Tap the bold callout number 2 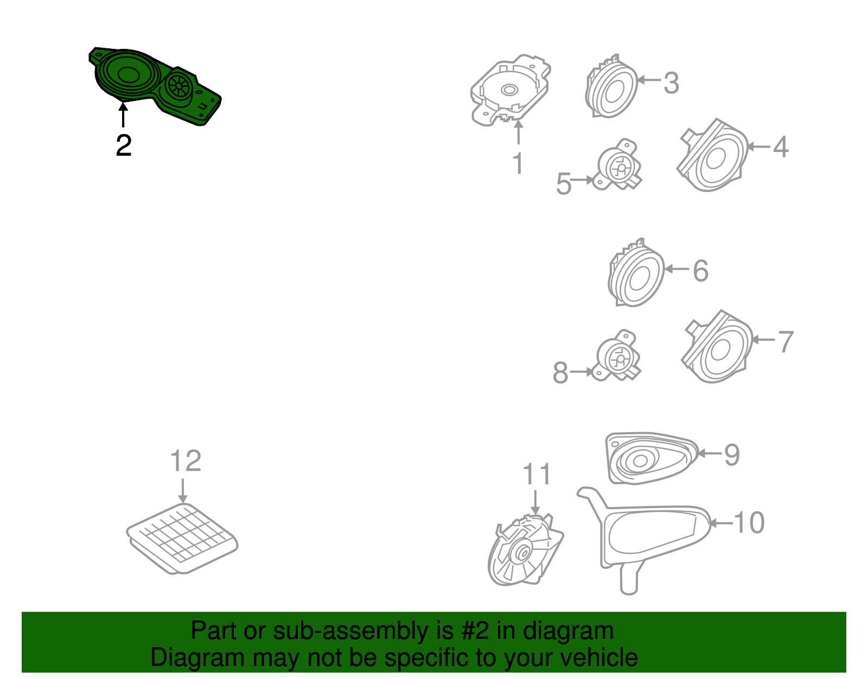tap(124, 145)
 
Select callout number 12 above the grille tap(186, 461)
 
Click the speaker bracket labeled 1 tap(510, 90)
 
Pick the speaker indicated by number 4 tap(712, 155)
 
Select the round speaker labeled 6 tap(636, 273)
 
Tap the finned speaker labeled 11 tap(525, 550)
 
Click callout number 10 tap(749, 522)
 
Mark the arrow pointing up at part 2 tap(124, 115)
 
